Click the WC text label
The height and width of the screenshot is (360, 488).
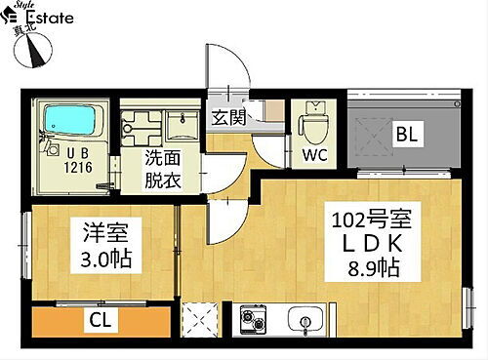click(314, 154)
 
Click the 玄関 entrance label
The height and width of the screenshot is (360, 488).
click(227, 117)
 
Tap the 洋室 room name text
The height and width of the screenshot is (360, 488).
click(96, 234)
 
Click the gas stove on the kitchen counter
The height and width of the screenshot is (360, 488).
click(252, 318)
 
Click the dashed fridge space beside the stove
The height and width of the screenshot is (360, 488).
click(201, 317)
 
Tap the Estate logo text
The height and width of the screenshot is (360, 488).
click(47, 20)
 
